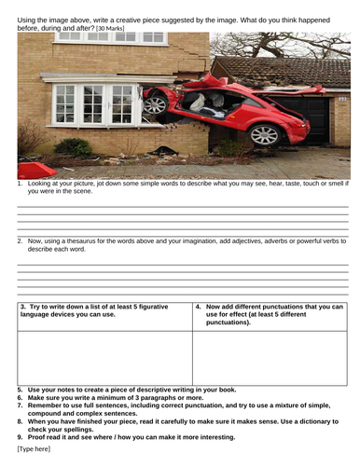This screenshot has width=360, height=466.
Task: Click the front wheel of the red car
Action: click(x=155, y=103)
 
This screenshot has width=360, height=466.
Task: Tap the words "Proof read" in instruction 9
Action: click(x=45, y=436)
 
